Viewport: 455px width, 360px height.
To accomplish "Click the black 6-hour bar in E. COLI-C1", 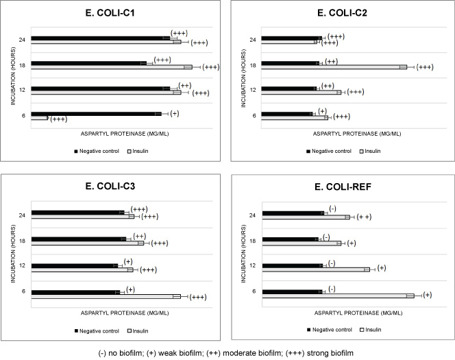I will [x=96, y=113].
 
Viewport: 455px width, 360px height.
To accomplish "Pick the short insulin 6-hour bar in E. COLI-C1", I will [x=39, y=118].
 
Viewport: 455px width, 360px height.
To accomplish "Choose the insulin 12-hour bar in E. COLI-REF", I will [x=315, y=269].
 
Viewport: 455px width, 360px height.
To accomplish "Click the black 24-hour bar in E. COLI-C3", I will [x=77, y=213].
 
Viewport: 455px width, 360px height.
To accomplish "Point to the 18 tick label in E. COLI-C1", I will [x=23, y=64].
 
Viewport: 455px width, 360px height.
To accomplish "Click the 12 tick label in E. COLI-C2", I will [x=253, y=90].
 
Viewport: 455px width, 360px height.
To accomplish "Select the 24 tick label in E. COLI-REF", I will [x=253, y=215].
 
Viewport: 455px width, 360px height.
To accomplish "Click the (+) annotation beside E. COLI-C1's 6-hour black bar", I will [x=175, y=113].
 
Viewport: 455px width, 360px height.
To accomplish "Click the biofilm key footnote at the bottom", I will [x=225, y=352].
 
